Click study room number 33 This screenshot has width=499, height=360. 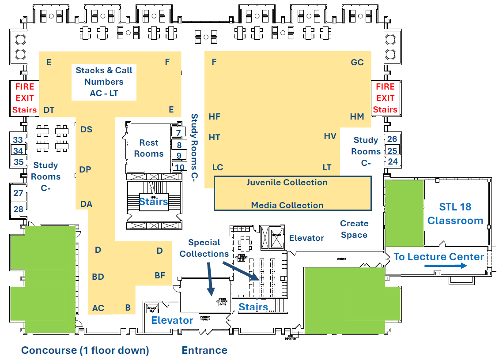tap(18, 140)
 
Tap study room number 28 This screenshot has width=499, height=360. tap(18, 209)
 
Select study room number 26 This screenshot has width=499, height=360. tap(392, 139)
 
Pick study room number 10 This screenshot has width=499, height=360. tap(179, 167)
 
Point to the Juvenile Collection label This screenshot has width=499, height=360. tap(287, 183)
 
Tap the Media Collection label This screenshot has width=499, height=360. tap(287, 205)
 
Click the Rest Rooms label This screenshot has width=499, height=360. tap(149, 148)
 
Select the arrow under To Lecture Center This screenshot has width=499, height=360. tap(446, 266)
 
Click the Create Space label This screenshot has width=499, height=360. tap(354, 229)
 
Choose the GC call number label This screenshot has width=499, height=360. tap(357, 62)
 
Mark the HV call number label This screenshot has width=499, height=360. tap(330, 136)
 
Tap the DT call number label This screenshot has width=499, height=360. tap(49, 110)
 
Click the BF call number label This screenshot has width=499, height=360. tap(160, 276)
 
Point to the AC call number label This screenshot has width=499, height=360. tap(98, 308)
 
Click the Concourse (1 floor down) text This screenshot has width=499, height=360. tap(85, 350)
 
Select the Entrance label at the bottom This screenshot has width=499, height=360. tap(204, 350)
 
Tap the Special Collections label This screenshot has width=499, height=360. tap(204, 248)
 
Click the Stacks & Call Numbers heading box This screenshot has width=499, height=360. tap(104, 82)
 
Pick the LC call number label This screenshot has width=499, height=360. tap(218, 168)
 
